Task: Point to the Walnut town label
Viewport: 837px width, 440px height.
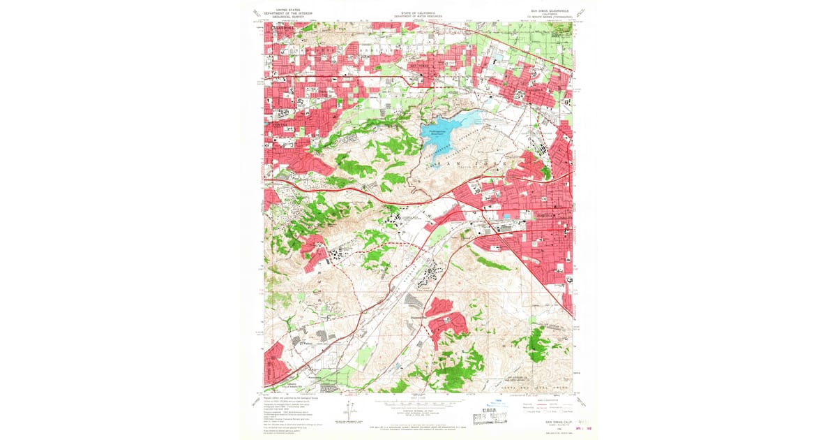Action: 305,343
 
